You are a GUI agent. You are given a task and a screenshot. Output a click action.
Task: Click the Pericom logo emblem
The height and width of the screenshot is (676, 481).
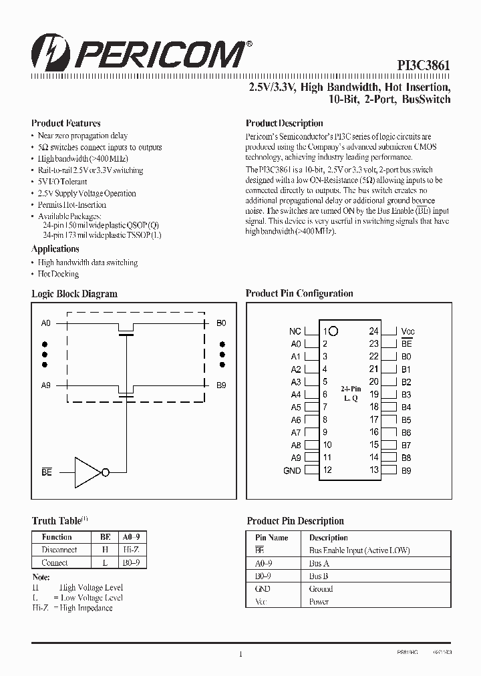tap(46, 52)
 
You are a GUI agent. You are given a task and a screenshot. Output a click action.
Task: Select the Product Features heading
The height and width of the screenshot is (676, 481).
tap(66, 124)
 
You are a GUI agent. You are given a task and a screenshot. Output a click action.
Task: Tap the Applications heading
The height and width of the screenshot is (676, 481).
tap(55, 249)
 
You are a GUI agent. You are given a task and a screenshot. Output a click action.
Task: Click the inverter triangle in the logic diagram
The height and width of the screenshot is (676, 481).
tap(87, 472)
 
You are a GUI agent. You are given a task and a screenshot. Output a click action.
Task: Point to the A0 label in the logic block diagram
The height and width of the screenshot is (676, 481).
tap(45, 323)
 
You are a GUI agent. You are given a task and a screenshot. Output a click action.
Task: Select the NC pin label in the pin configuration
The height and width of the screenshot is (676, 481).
tap(295, 331)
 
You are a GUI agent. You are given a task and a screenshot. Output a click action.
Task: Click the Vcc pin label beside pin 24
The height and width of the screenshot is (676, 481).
tap(408, 331)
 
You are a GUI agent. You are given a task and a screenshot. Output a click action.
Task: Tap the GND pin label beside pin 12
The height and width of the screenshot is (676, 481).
tap(292, 471)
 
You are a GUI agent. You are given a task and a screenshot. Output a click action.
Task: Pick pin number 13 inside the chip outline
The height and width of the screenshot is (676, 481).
tap(373, 470)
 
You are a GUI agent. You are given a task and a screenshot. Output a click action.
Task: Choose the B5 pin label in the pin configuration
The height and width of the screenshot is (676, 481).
tap(406, 420)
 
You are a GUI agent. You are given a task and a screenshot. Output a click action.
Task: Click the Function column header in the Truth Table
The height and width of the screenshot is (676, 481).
tap(57, 537)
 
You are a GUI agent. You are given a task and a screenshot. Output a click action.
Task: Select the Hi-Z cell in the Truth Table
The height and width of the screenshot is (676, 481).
tap(130, 550)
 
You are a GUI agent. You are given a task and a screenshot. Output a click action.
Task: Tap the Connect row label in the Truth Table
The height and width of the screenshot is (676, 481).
tap(55, 562)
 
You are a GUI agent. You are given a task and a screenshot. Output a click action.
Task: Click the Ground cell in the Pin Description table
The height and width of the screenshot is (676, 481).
tap(321, 589)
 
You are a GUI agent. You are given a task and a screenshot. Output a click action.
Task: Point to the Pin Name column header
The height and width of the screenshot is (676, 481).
tap(272, 538)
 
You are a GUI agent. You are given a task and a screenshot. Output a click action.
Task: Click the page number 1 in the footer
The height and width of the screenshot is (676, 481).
tap(240, 654)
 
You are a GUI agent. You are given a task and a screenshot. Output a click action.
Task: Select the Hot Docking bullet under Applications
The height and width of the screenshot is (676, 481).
tap(58, 274)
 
